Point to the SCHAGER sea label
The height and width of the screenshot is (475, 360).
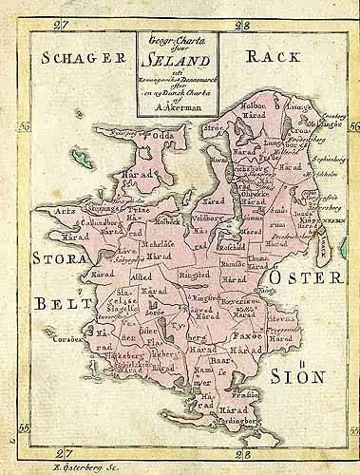click(x=85, y=58)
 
